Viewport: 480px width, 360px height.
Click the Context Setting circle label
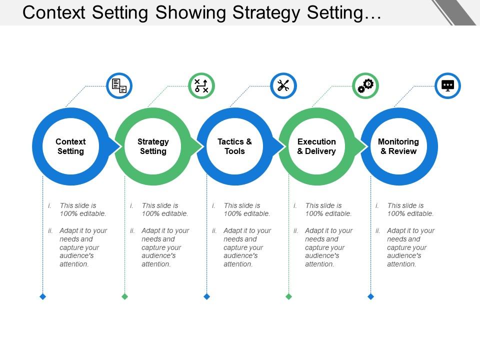click(70, 146)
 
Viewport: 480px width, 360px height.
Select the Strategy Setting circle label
click(153, 146)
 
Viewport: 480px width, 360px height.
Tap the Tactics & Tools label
click(234, 146)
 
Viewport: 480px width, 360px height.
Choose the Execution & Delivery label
click(316, 146)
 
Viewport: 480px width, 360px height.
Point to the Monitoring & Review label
click(398, 146)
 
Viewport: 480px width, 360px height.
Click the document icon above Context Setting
click(119, 86)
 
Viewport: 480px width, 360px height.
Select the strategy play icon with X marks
click(201, 86)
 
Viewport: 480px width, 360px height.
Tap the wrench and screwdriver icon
click(283, 86)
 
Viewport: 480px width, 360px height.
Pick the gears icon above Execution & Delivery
click(365, 86)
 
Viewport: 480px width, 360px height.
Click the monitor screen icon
click(447, 86)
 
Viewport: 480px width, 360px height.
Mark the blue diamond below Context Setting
click(43, 296)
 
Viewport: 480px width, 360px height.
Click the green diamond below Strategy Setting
click(125, 296)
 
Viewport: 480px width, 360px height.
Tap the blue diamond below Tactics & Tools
click(207, 296)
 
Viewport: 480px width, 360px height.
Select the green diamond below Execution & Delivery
click(289, 296)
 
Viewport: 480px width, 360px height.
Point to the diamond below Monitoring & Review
click(371, 296)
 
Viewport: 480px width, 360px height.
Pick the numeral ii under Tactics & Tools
click(214, 231)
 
